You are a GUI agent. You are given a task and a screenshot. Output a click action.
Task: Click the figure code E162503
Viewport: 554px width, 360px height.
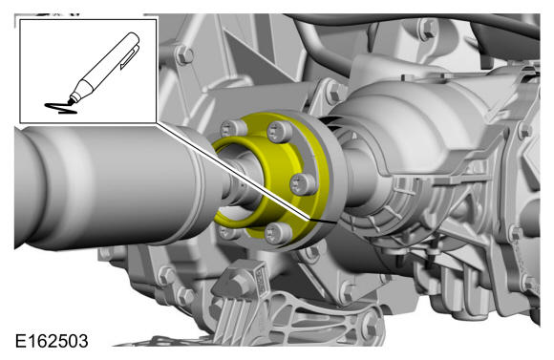[x=52, y=341]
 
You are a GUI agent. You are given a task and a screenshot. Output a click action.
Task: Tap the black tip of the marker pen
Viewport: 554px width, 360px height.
[x=71, y=101]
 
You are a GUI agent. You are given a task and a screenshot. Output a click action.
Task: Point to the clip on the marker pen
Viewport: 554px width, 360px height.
[x=129, y=57]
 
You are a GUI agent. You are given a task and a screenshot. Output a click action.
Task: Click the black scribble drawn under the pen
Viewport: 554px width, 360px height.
[x=61, y=108]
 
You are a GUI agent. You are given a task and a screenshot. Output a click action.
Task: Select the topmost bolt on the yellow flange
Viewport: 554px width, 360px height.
[x=280, y=132]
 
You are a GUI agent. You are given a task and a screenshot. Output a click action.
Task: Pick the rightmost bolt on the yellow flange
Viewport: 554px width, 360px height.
[x=303, y=184]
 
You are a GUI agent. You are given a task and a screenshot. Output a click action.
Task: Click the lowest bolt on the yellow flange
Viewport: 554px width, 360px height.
[x=278, y=234]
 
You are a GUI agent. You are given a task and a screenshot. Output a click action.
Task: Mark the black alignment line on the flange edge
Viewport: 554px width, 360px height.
[x=322, y=222]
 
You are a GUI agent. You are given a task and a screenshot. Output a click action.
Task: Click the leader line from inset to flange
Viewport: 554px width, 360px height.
[x=232, y=171]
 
